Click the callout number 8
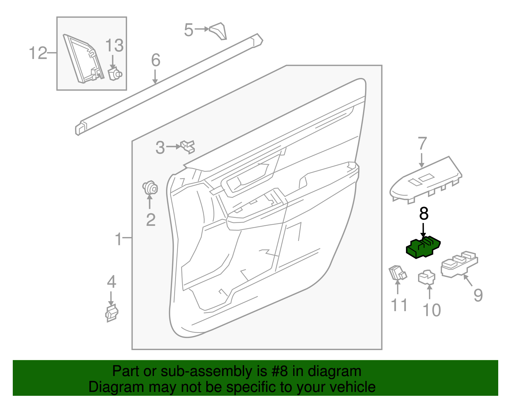424,214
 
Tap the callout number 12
38,53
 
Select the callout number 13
114,45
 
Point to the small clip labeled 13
115,74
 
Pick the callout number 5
188,30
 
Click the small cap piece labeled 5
219,31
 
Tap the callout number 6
156,60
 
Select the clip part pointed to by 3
188,147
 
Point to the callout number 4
111,282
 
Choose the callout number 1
118,239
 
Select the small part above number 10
427,277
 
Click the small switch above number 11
397,273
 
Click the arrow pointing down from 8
423,230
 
